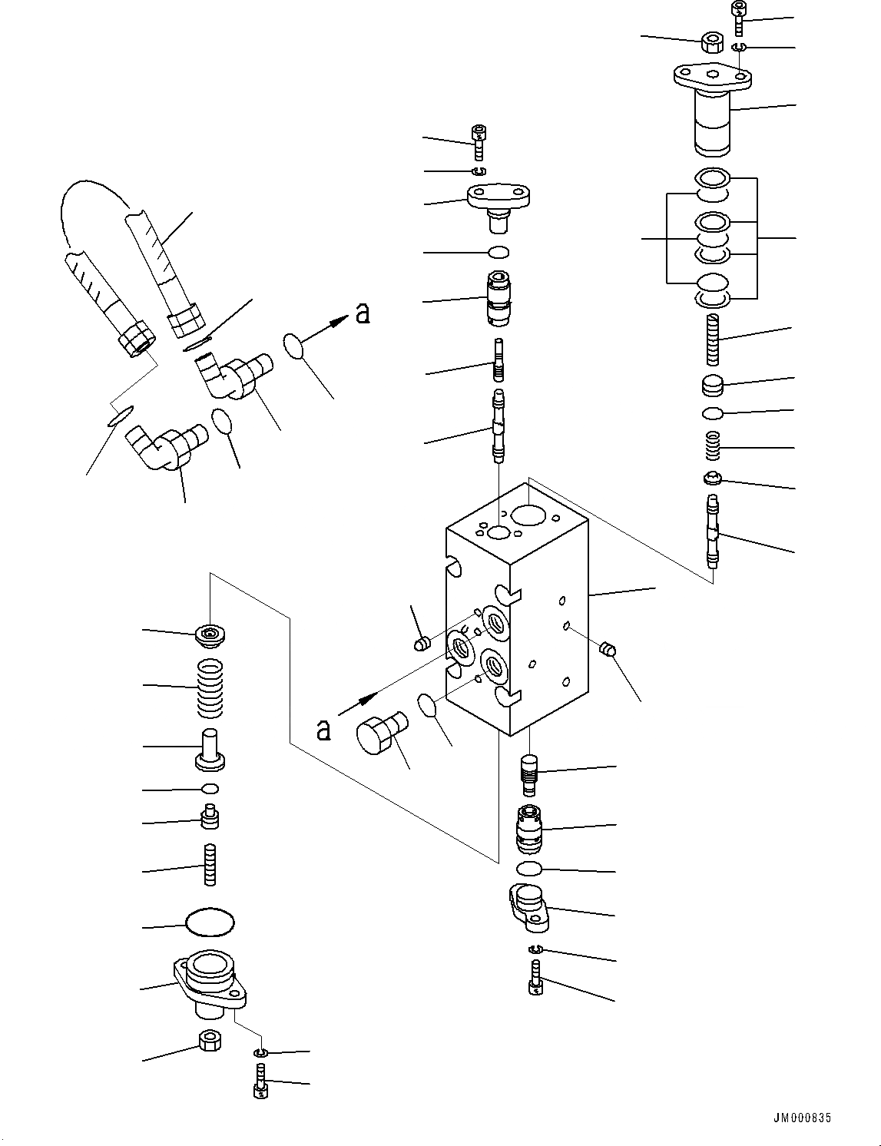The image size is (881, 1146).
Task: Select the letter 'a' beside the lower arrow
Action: [324, 730]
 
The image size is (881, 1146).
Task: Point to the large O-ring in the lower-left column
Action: [210, 922]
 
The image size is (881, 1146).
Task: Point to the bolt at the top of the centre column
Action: [480, 141]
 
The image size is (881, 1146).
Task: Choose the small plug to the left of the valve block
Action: [421, 644]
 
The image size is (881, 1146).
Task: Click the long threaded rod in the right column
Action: [714, 341]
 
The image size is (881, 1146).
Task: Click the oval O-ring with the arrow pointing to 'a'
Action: [295, 346]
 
